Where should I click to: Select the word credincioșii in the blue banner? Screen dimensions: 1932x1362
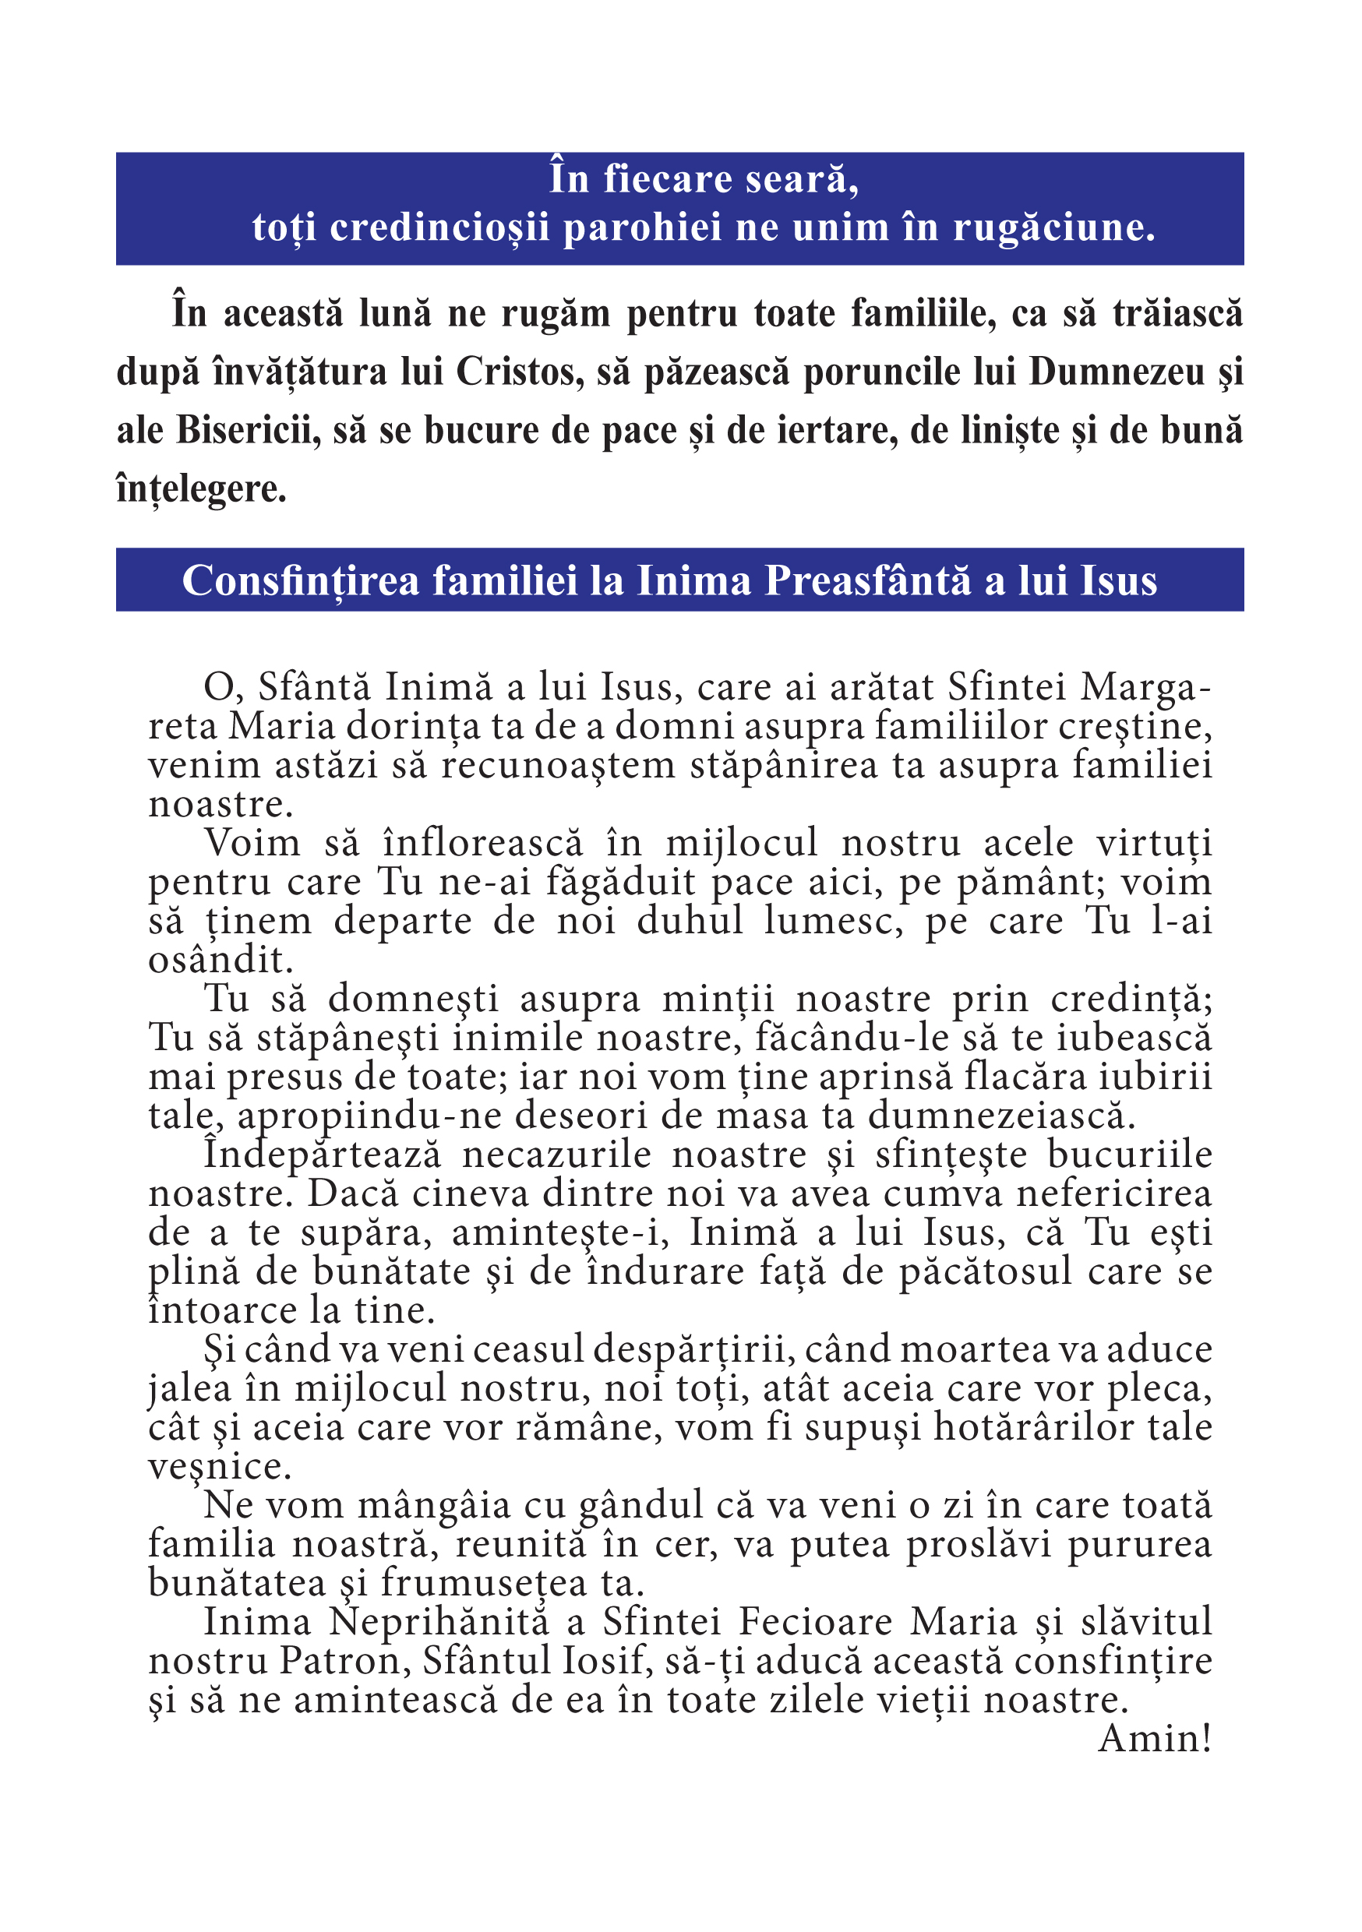[x=439, y=228]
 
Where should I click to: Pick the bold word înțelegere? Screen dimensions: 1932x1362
[x=201, y=490]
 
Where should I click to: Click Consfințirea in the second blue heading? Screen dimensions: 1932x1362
[x=301, y=580]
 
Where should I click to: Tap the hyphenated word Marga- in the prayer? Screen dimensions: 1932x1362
[x=1145, y=687]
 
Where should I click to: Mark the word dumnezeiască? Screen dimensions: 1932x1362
[x=1003, y=1116]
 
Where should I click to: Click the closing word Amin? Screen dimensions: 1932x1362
[x=1155, y=1739]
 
